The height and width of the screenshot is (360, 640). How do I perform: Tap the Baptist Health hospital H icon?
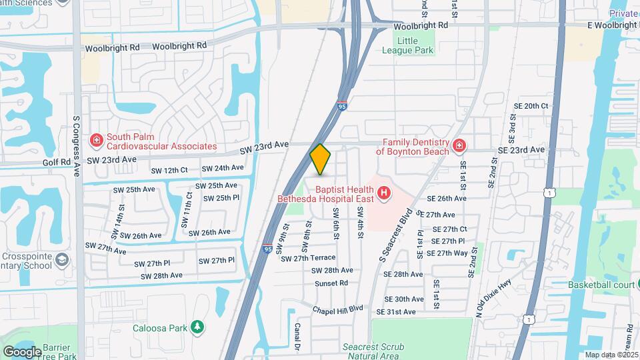383,194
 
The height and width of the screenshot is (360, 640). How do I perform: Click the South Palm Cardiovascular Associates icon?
96,140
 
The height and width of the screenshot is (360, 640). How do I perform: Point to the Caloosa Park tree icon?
197,326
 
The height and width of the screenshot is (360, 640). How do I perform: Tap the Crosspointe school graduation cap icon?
62,259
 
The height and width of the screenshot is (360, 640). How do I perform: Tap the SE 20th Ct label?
531,106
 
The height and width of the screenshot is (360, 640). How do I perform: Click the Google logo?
22,351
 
